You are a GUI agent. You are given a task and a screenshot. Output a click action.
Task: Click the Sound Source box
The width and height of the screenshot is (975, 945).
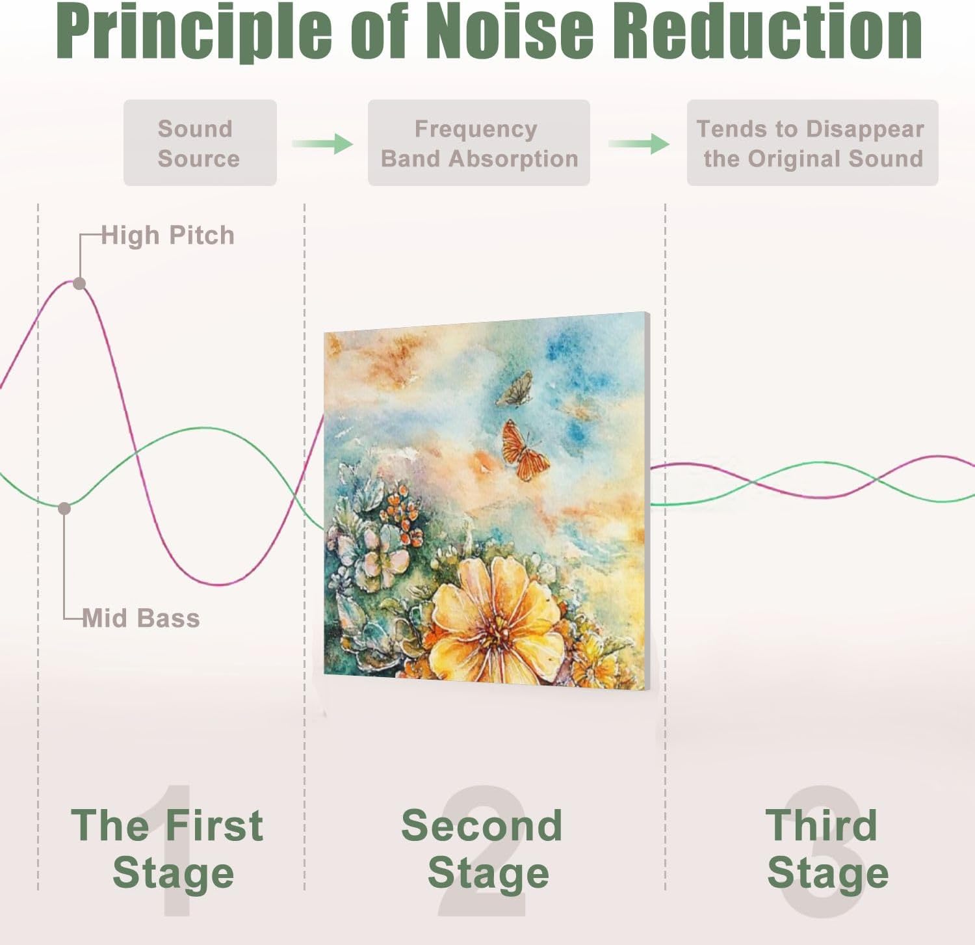[x=200, y=143]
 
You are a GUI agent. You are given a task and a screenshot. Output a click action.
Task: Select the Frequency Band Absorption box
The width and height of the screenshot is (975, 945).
[x=478, y=143]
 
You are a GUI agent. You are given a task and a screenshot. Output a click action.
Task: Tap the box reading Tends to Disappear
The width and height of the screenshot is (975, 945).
[x=812, y=143]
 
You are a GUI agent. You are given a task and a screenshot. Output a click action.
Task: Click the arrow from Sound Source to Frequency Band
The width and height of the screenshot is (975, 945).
[x=322, y=144]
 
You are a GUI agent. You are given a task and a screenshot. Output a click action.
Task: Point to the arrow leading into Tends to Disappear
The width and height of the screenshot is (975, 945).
[x=639, y=144]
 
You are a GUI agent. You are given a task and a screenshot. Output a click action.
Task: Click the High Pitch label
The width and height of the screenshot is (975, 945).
[x=168, y=235]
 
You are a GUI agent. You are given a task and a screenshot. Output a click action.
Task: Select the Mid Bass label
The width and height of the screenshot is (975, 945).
[x=141, y=618]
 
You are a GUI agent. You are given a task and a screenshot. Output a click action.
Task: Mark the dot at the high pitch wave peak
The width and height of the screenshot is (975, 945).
[x=79, y=284]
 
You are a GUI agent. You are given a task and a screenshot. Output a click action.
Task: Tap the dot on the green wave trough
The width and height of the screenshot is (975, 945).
[x=64, y=509]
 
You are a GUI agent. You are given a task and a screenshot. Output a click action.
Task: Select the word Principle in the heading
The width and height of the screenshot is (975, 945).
[x=194, y=33]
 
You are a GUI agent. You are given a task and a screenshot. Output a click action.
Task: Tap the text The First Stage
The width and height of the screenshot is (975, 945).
[x=168, y=849]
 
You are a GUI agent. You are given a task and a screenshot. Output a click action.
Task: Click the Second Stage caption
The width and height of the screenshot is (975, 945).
[x=482, y=849]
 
